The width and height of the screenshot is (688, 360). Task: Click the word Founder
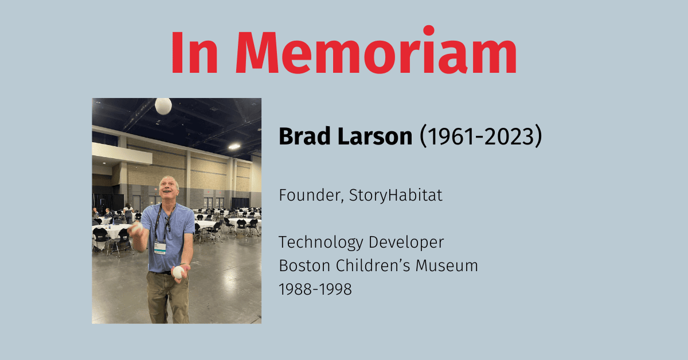(309, 195)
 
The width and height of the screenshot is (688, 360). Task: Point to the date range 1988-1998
(315, 289)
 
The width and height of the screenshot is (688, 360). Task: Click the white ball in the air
(163, 106)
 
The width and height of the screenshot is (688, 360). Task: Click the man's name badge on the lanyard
(160, 247)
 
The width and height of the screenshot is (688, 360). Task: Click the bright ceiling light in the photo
(234, 146)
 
